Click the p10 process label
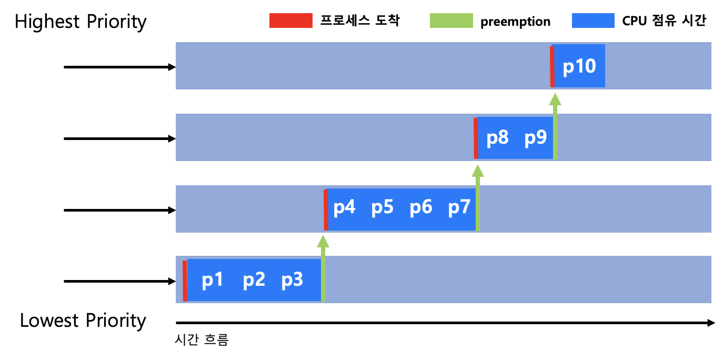[579, 67]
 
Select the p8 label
[497, 138]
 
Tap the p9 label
[536, 138]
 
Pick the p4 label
[345, 208]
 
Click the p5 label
[383, 208]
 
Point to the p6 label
[421, 208]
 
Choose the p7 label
[459, 208]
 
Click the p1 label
[213, 280]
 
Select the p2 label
[254, 280]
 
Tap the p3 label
[292, 280]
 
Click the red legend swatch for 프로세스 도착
[290, 21]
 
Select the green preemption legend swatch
[451, 21]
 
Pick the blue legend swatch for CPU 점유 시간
[593, 21]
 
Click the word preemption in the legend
[515, 22]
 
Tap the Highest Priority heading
[81, 22]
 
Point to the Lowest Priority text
[83, 321]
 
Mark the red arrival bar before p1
[185, 281]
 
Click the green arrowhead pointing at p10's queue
[555, 99]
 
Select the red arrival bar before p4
[326, 209]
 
